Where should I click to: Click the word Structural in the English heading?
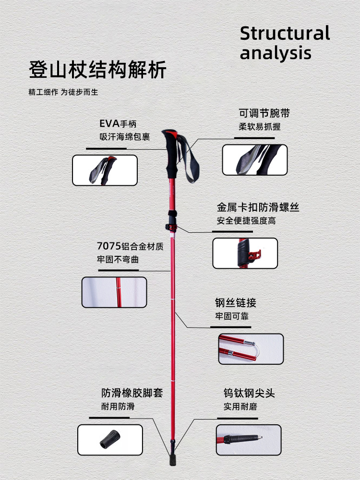tap(285, 34)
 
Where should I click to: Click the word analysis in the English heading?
tap(276, 53)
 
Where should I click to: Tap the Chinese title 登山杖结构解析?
tap(97, 70)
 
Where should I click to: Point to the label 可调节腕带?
tap(264, 114)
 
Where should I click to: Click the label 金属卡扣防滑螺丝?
tap(258, 208)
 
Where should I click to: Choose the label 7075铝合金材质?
tap(130, 247)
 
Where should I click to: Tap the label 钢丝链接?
tap(235, 303)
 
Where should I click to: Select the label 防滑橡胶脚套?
tap(132, 393)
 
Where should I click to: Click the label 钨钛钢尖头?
tap(249, 394)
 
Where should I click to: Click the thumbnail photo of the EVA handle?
tap(105, 170)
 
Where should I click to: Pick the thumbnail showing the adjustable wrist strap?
tap(254, 160)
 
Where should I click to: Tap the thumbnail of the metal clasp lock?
tap(245, 253)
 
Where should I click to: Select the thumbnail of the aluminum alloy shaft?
tap(114, 292)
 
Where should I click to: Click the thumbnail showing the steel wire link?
tap(251, 349)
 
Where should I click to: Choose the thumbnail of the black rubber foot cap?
tap(110, 440)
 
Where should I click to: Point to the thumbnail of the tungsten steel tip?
tap(248, 440)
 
